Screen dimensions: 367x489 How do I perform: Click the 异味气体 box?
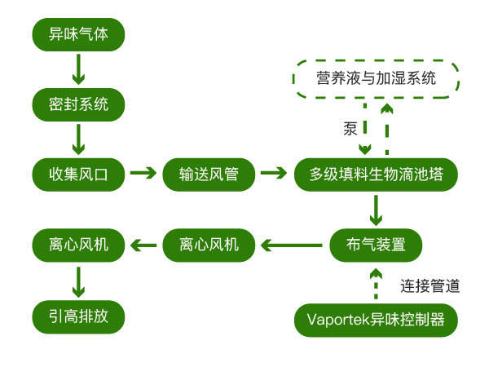(78, 35)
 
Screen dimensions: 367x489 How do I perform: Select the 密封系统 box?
(78, 104)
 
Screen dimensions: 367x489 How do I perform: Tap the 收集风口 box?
(78, 173)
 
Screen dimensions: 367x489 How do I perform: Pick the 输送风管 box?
(210, 173)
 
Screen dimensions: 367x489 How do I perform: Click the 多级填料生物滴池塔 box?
(376, 173)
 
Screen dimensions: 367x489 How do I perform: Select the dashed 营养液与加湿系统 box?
(376, 79)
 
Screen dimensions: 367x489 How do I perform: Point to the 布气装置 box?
(376, 243)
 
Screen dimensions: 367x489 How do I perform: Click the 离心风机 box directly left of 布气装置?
(210, 243)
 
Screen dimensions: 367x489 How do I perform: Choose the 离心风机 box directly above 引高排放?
(78, 243)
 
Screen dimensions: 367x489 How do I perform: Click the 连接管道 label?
(430, 286)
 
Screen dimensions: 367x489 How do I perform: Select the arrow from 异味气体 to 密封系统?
(78, 69)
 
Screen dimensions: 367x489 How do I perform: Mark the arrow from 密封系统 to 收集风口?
(78, 139)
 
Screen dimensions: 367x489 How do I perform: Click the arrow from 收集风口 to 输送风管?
(143, 173)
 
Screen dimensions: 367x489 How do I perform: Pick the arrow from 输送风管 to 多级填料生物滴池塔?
(275, 173)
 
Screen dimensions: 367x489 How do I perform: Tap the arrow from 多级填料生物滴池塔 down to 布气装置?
(376, 209)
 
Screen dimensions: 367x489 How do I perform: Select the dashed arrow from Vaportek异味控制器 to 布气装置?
(376, 282)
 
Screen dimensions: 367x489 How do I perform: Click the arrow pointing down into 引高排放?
(78, 279)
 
